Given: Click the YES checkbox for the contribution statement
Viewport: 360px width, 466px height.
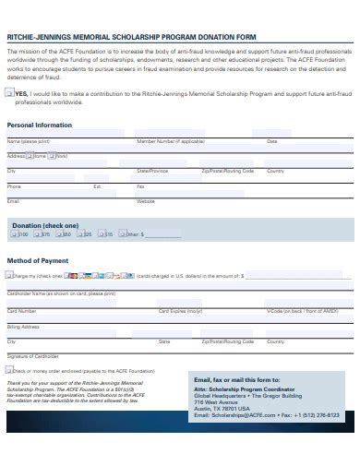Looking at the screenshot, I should (x=10, y=93).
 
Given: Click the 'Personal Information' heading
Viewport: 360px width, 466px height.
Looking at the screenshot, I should (x=40, y=125).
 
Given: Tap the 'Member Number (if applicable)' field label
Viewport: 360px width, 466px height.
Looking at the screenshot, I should (x=171, y=141).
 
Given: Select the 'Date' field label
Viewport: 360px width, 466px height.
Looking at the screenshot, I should (x=271, y=141).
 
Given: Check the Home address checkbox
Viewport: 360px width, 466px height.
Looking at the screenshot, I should (x=30, y=156).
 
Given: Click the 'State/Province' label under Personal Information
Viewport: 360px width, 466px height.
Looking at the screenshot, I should (x=152, y=171).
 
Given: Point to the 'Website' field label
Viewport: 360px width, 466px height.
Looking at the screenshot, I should (x=146, y=200).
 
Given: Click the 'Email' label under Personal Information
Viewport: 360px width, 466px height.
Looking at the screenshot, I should (x=13, y=200).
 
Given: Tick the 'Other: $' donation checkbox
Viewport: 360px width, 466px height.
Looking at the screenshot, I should (x=122, y=234).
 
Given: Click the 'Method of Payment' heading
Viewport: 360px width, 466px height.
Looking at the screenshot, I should (x=37, y=260).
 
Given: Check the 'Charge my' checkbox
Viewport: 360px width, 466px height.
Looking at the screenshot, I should (x=10, y=275).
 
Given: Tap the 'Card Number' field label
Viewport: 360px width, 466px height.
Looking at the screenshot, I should (x=22, y=311).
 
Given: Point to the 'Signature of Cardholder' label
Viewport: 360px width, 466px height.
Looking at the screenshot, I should (x=32, y=355).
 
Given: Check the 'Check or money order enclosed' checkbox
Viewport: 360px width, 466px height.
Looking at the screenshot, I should (x=10, y=371).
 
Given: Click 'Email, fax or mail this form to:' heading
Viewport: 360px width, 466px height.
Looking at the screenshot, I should (x=237, y=379).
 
